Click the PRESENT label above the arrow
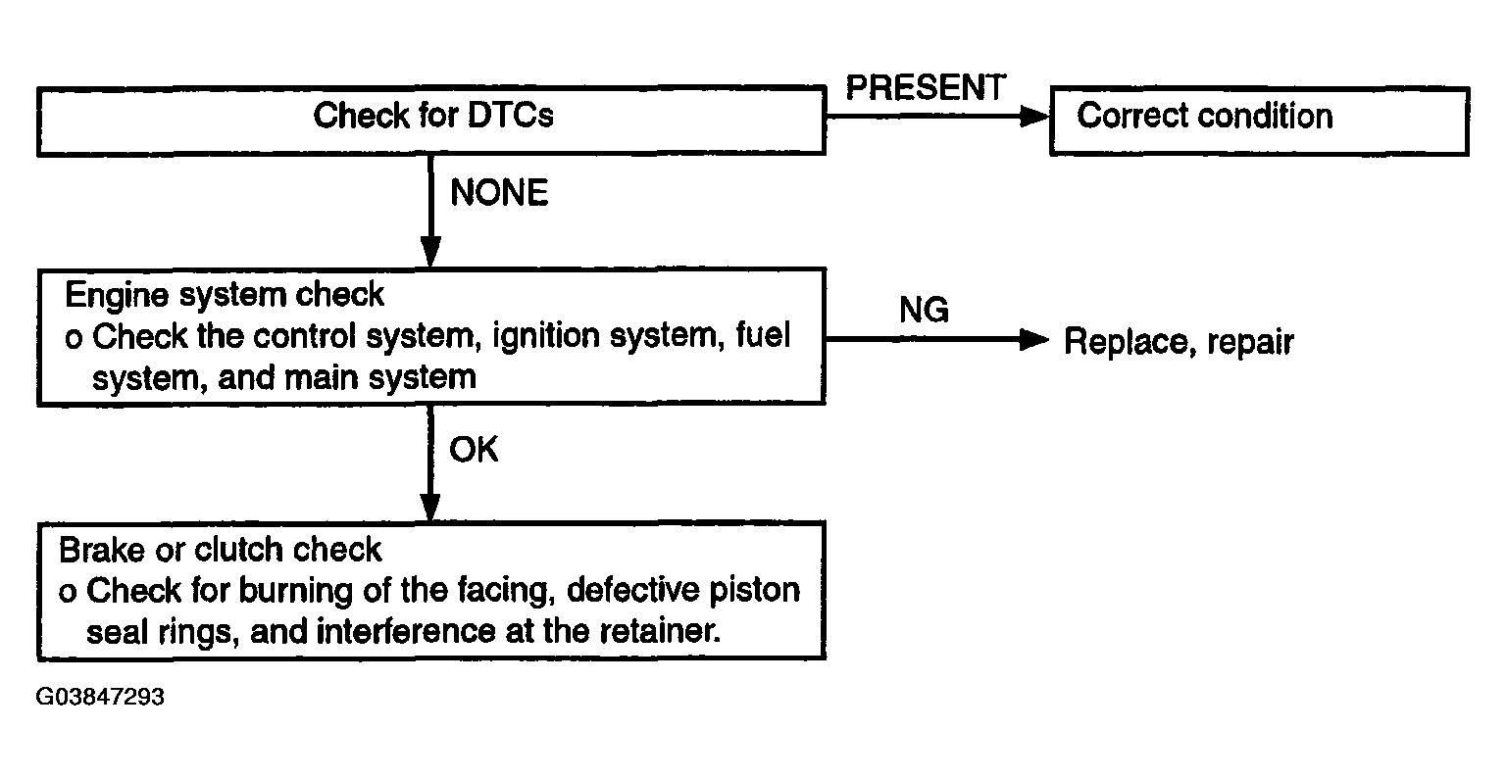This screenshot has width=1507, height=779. coord(925,87)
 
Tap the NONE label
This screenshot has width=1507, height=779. coord(499,193)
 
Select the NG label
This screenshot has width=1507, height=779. coord(924,310)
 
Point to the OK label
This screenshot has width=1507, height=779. coord(474,450)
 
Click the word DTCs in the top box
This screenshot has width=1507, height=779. coord(509,116)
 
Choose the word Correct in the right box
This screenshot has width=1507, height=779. coord(1131,116)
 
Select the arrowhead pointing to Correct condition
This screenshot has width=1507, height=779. coord(1034,117)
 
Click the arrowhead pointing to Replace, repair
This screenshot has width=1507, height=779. coord(1034,339)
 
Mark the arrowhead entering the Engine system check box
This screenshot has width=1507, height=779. coord(430,252)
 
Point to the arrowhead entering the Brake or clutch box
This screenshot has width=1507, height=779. coord(430,509)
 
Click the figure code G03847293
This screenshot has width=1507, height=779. coord(100,697)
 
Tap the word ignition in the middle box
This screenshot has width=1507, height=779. coord(546,336)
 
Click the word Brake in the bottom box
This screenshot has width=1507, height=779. coord(102,550)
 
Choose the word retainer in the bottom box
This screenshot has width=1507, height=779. coord(660,631)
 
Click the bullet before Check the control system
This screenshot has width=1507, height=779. coord(74,339)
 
